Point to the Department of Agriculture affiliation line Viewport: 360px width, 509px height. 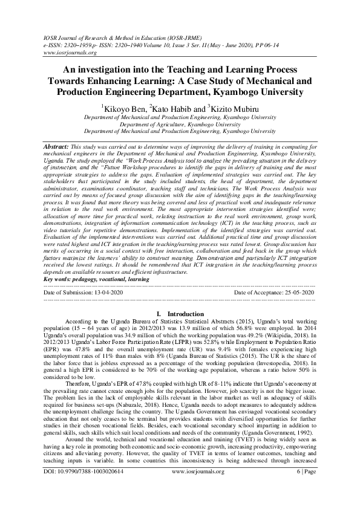[x=180, y=124]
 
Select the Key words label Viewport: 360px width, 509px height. [x=63, y=280]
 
